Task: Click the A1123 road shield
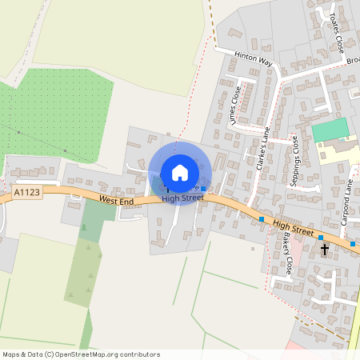pyautogui.click(x=26, y=193)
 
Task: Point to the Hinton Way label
pyautogui.click(x=254, y=59)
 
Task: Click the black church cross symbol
pyautogui.click(x=325, y=250)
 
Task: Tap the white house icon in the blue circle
pyautogui.click(x=180, y=172)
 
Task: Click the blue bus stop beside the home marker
pyautogui.click(x=203, y=189)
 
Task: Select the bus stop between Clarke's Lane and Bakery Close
pyautogui.click(x=261, y=219)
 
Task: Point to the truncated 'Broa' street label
pyautogui.click(x=353, y=60)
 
